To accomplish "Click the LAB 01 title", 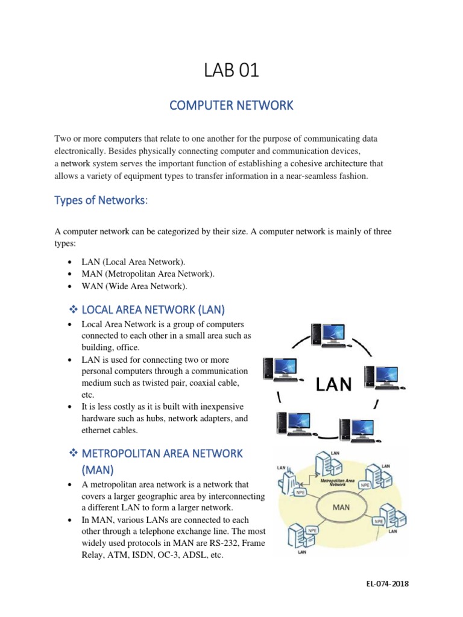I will [231, 70].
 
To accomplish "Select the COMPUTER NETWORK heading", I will [231, 105].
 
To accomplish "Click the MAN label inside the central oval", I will [341, 507].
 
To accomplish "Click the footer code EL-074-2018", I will [388, 584].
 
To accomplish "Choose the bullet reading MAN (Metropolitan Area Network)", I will [148, 274].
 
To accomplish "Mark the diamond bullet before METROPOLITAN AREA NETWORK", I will [68, 453].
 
